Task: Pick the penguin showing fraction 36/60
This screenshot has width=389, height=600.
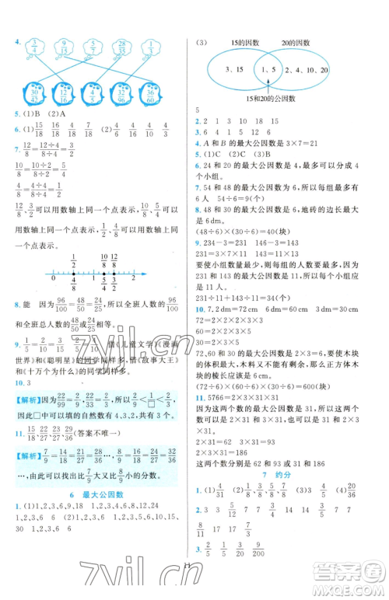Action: tap(152, 95)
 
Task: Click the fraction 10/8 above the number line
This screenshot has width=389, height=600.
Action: tap(103, 262)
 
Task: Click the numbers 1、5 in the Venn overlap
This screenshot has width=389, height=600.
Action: tap(270, 71)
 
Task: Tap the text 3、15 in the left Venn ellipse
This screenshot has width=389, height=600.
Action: tap(234, 69)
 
